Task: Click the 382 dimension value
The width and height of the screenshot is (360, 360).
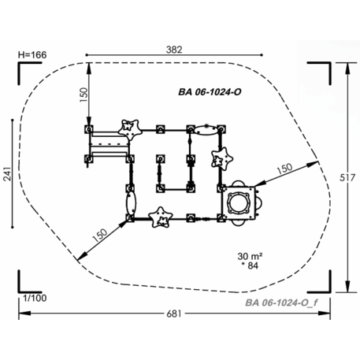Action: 174,50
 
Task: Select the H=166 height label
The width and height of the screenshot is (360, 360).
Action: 32,55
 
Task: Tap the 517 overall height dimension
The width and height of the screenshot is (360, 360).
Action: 347,178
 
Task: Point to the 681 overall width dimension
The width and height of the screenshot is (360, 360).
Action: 174,314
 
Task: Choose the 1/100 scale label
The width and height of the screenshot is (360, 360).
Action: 35,298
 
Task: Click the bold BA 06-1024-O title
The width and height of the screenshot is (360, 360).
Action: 210,92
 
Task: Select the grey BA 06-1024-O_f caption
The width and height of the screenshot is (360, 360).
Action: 281,302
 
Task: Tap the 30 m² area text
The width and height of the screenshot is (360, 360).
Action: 250,256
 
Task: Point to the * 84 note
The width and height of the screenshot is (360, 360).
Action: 250,265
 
